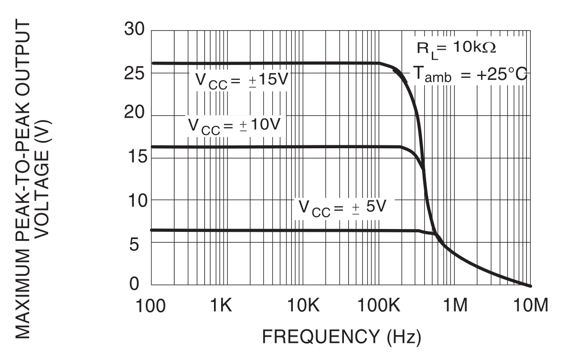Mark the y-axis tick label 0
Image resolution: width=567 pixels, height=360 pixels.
click(x=139, y=284)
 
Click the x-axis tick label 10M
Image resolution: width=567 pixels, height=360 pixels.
click(x=530, y=306)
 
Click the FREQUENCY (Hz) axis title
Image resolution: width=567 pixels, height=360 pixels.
click(x=342, y=337)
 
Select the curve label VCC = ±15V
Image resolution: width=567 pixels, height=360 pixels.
click(x=242, y=80)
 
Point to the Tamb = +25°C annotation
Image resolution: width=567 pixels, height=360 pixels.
click(x=469, y=75)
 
